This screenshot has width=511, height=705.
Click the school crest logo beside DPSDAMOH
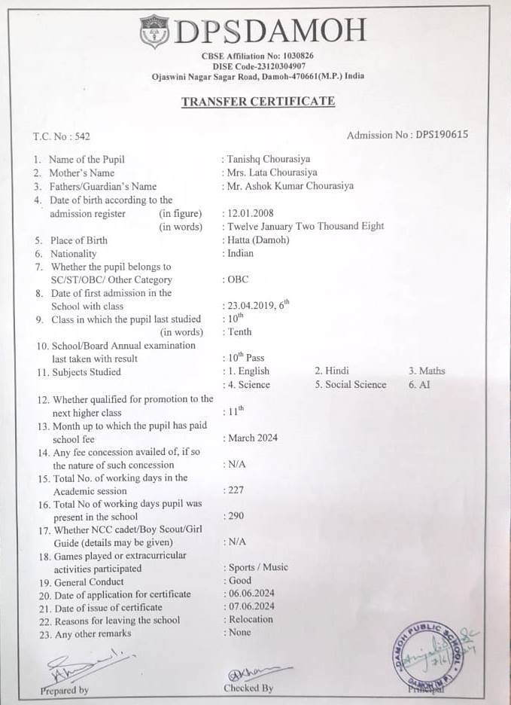pos(156,32)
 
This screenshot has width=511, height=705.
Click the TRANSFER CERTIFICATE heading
pos(258,102)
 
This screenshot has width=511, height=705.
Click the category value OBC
pos(237,279)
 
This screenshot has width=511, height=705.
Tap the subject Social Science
pos(351,384)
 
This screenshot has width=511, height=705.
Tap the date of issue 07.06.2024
pos(251,606)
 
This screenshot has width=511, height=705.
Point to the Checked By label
pos(248,688)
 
